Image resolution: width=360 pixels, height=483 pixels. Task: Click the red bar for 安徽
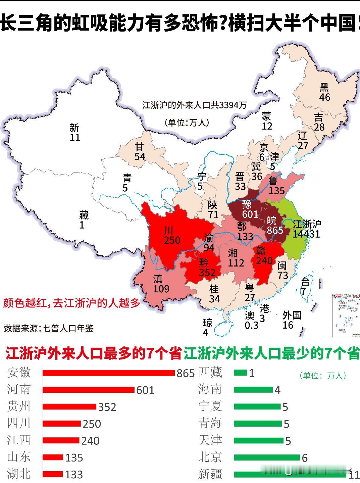click(108, 373)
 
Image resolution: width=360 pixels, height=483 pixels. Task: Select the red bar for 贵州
click(69, 406)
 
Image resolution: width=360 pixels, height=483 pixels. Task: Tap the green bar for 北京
click(267, 457)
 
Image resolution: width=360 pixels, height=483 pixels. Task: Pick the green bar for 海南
click(253, 390)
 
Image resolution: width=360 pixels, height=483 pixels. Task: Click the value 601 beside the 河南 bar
click(145, 390)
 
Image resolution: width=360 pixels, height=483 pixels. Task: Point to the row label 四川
click(19, 423)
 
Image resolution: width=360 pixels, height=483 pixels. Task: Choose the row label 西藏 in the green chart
click(210, 373)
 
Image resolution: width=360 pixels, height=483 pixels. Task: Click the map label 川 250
click(172, 235)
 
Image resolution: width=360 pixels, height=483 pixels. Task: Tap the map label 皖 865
click(274, 225)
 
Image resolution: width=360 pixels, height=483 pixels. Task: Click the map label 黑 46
click(324, 92)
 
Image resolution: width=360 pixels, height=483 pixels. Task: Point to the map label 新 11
click(74, 133)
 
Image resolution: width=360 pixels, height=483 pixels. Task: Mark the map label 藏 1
click(83, 220)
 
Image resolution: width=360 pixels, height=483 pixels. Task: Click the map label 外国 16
click(291, 320)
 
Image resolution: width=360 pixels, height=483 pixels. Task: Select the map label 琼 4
click(207, 327)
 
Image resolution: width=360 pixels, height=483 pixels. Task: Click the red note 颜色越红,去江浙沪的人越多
click(71, 303)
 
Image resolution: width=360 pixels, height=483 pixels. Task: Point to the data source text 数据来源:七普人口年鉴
click(49, 328)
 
